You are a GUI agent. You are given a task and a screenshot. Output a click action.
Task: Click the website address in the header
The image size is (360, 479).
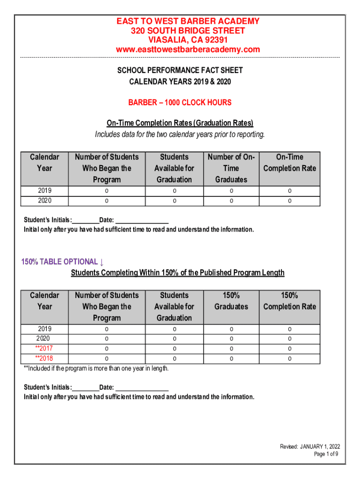[187, 50]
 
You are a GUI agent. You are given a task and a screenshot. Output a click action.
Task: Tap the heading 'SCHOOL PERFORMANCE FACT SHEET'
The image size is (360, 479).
[180, 71]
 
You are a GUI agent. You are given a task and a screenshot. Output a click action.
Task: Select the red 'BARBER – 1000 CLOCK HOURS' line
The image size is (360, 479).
[180, 102]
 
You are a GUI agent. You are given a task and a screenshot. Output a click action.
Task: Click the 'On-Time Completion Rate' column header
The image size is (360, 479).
[289, 163]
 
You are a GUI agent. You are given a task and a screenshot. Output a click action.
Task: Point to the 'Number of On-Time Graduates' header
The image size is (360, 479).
[231, 168]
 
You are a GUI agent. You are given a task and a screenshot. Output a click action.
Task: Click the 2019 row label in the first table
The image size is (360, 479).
[45, 191]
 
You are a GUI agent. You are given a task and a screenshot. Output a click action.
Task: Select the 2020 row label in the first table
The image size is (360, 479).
[45, 201]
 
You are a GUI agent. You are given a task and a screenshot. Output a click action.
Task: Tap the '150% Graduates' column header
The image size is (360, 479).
[231, 301]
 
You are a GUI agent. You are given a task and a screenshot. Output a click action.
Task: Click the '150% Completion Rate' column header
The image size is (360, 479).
[289, 301]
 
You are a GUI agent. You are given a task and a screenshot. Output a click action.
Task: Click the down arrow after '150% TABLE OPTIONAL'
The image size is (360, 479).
[102, 262]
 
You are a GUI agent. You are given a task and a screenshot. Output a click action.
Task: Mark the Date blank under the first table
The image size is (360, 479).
[142, 220]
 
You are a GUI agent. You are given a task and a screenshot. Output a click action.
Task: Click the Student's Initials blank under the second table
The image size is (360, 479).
[86, 387]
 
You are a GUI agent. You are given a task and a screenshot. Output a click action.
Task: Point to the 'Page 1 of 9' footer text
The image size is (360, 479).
[326, 454]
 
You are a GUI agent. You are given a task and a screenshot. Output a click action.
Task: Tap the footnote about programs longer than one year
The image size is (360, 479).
[96, 369]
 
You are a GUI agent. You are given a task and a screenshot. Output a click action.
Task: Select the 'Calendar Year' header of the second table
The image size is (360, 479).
[45, 301]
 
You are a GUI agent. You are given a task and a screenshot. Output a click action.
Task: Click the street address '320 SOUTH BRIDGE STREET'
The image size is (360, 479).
[187, 31]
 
